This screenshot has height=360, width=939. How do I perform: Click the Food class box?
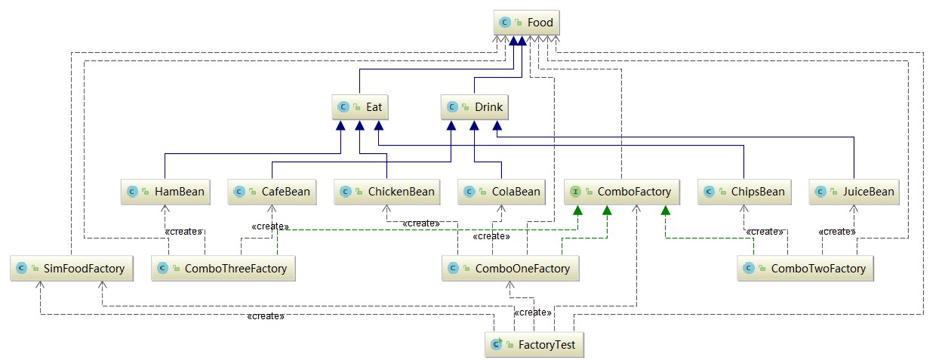[527, 23]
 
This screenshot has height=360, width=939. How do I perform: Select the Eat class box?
[361, 108]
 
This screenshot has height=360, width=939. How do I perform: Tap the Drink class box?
[473, 108]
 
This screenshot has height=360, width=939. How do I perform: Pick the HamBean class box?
[165, 192]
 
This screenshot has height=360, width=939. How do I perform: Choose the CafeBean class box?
[272, 192]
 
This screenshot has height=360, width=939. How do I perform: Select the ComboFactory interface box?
[622, 192]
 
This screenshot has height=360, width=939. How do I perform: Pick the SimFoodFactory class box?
[72, 268]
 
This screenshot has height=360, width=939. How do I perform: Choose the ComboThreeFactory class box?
[223, 268]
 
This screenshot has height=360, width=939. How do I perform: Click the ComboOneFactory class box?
[511, 268]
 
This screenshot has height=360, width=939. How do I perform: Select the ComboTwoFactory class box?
[806, 268]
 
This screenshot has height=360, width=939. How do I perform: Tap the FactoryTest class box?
[534, 345]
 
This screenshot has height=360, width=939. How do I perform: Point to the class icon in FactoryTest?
[497, 345]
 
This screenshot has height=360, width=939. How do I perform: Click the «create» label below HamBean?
[182, 231]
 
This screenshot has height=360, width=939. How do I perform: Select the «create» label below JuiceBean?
[837, 231]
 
